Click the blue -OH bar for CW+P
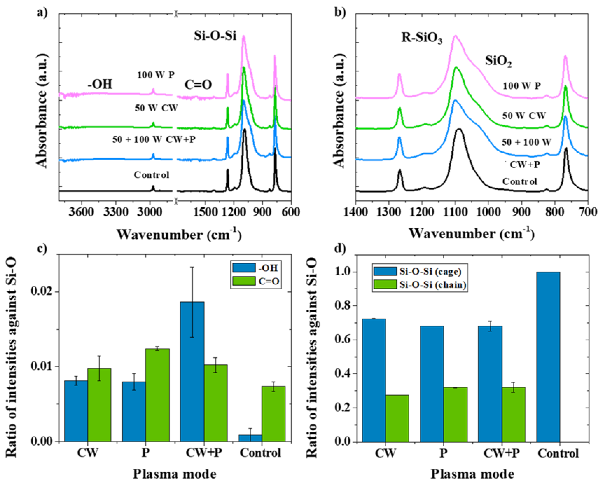click(192, 371)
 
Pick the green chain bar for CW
click(397, 418)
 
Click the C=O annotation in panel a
click(198, 84)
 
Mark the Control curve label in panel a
click(152, 175)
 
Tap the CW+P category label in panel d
click(501, 453)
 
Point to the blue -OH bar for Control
click(250, 438)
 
